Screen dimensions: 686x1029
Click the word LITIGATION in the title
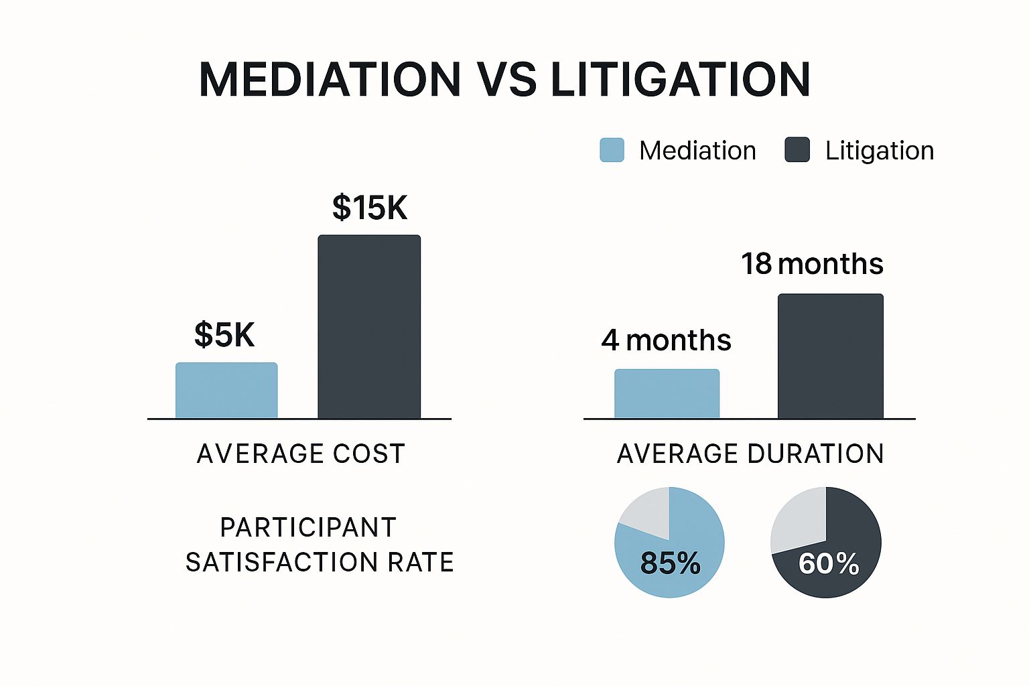click(x=680, y=80)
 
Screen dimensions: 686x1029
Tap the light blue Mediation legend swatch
click(x=612, y=150)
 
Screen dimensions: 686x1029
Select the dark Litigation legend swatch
click(x=797, y=150)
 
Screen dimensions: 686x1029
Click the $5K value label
click(x=224, y=334)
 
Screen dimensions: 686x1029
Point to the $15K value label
click(x=369, y=208)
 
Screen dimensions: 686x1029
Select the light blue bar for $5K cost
click(x=226, y=391)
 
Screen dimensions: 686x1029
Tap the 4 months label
click(x=666, y=340)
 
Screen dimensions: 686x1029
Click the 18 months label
click(x=812, y=264)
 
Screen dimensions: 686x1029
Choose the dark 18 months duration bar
click(x=830, y=356)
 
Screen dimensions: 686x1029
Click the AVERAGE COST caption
click(x=301, y=454)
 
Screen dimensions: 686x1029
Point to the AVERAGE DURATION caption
click(x=750, y=454)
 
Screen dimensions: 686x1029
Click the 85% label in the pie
click(x=670, y=563)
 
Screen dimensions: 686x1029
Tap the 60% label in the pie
click(x=829, y=563)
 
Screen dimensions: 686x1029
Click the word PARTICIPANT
click(x=308, y=528)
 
